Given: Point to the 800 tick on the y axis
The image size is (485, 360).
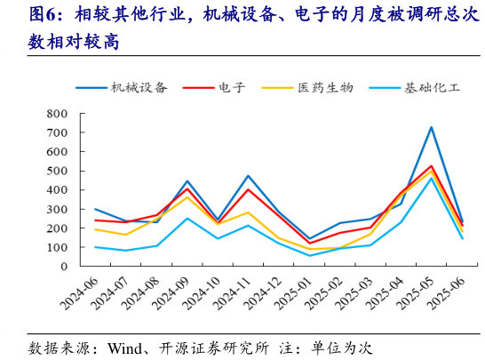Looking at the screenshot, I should point(57,114).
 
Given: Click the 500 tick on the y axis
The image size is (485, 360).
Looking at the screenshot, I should point(57,171).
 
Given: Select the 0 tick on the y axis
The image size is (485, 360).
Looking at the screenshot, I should point(63,266).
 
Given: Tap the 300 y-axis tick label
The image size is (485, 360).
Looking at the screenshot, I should point(57,209).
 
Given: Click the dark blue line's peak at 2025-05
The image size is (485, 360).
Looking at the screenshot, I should point(431,127).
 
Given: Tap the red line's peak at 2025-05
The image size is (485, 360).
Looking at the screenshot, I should point(431,166).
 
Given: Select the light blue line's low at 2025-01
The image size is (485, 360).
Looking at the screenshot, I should point(310,256).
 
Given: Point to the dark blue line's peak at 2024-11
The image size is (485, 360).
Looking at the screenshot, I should point(248,176).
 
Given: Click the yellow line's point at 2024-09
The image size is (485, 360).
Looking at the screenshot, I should point(187,196).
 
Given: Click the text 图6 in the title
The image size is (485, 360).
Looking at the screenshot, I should point(45,15).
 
